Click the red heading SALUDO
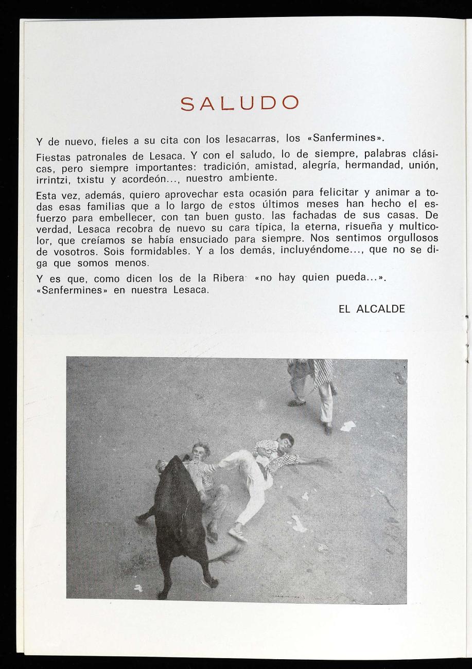point(239,105)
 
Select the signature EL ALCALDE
point(372,309)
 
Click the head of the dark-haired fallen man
point(285,441)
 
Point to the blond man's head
point(201,450)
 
